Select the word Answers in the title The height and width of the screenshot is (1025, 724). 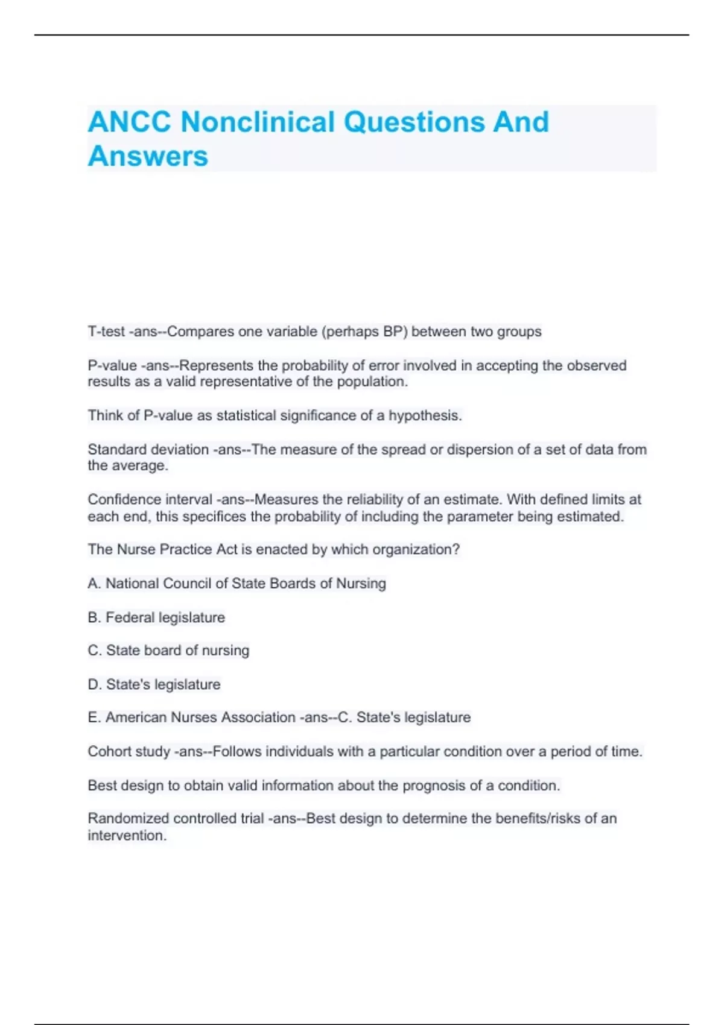[148, 156]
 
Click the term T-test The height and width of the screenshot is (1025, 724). [106, 332]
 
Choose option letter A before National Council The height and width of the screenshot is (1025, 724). [94, 583]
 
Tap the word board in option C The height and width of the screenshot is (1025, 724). [162, 650]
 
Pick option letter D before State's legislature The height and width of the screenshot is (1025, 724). [94, 684]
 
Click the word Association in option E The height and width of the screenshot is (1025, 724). [258, 717]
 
